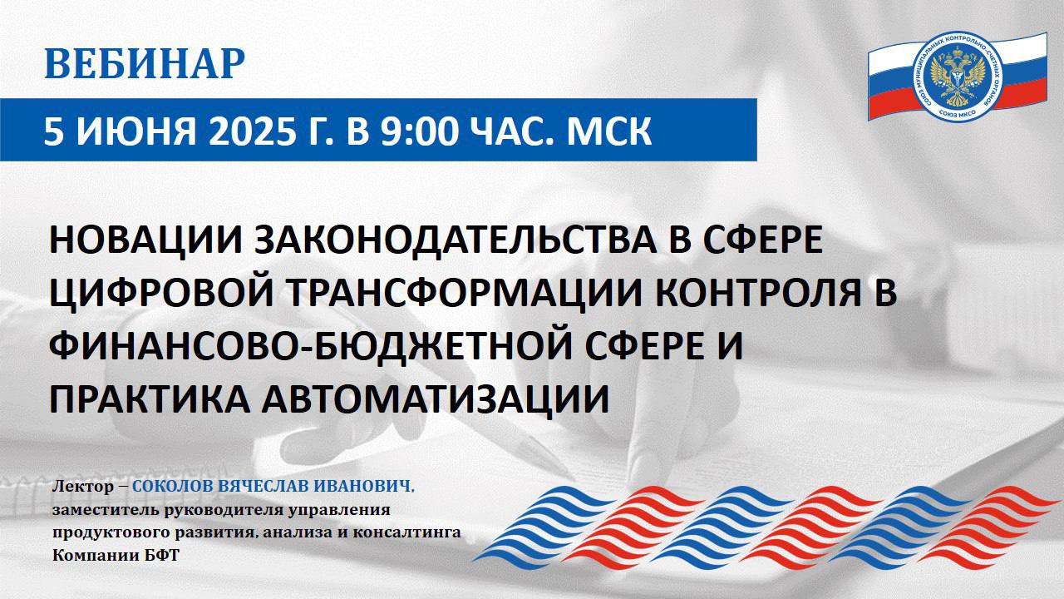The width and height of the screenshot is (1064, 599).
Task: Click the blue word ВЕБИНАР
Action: tap(145, 63)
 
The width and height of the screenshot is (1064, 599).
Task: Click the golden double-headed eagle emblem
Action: tap(957, 76)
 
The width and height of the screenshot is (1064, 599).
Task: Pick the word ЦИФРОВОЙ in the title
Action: tap(161, 292)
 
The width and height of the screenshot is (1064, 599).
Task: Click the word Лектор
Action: tap(83, 487)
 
